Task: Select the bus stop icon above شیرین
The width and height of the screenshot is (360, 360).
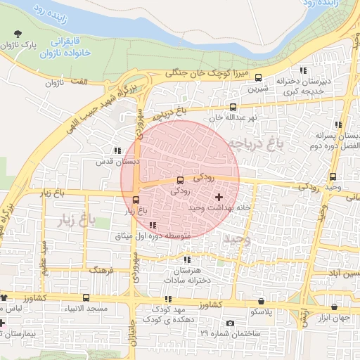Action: (259, 78)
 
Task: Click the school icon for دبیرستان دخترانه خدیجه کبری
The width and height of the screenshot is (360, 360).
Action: (303, 70)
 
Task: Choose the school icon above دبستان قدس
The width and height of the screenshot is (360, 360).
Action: (117, 150)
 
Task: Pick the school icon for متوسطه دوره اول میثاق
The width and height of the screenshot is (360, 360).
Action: (153, 226)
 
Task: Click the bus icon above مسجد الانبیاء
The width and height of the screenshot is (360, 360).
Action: (86, 298)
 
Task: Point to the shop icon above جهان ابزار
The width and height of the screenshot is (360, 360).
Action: (333, 307)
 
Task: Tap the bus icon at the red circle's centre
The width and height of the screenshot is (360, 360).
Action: (180, 179)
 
